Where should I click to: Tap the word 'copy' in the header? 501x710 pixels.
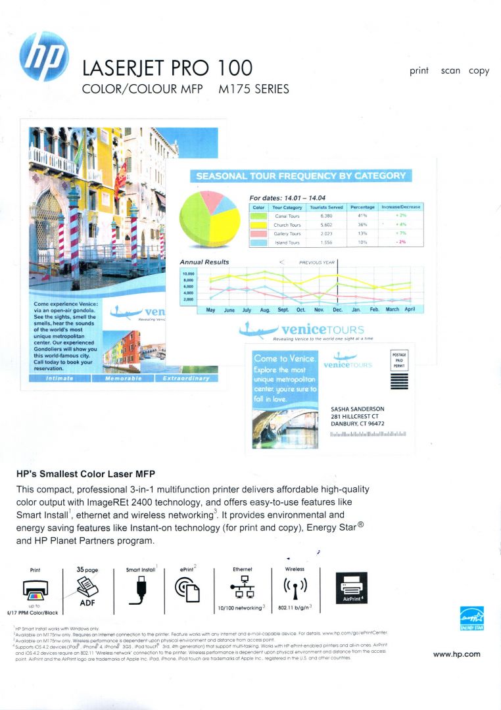(479, 71)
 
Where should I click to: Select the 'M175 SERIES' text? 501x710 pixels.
(253, 89)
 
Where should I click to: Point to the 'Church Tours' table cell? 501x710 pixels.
(287, 225)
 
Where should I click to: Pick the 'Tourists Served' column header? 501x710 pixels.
(327, 207)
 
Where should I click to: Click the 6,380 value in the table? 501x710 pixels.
(327, 216)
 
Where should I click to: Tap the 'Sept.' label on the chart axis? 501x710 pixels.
(283, 309)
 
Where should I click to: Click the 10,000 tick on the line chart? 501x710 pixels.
(188, 273)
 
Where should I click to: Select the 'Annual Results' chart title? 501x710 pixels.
(204, 262)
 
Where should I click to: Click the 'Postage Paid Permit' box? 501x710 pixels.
(399, 361)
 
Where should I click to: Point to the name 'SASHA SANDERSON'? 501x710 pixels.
(358, 409)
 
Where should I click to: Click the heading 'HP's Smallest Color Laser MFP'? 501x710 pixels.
(85, 473)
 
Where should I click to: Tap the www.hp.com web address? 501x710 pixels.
(456, 654)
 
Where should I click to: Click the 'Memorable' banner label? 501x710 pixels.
(122, 379)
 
